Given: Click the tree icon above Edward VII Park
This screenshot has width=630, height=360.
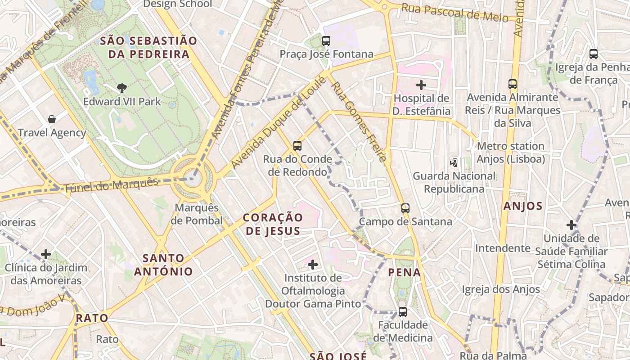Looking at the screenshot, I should pyautogui.click(x=121, y=88).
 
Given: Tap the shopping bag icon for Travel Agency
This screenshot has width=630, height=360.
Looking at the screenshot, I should pyautogui.click(x=52, y=119).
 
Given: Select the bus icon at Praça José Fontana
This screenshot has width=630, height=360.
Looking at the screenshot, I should pyautogui.click(x=326, y=41).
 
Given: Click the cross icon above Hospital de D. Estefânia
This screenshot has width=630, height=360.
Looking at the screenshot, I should pyautogui.click(x=421, y=85).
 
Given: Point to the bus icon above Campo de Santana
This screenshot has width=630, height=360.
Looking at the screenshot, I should pyautogui.click(x=405, y=208).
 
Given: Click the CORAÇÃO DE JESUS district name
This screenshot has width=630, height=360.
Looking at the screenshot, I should pyautogui.click(x=273, y=224).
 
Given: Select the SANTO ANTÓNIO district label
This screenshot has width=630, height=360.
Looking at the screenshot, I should pyautogui.click(x=163, y=265).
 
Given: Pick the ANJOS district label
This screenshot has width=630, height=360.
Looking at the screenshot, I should pyautogui.click(x=523, y=206).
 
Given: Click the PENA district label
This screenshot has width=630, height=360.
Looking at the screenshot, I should pyautogui.click(x=405, y=272).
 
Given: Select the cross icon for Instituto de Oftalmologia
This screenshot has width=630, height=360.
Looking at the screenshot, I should pyautogui.click(x=313, y=264).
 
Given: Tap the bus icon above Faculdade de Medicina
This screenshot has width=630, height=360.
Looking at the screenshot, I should pyautogui.click(x=403, y=311).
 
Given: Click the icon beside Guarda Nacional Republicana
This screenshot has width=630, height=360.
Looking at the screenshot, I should pyautogui.click(x=454, y=162).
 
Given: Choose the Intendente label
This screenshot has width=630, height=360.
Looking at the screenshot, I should pyautogui.click(x=503, y=248).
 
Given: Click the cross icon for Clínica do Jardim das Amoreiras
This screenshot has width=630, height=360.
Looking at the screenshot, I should pyautogui.click(x=46, y=254).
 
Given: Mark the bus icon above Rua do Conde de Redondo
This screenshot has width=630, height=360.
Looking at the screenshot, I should pyautogui.click(x=297, y=145).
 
